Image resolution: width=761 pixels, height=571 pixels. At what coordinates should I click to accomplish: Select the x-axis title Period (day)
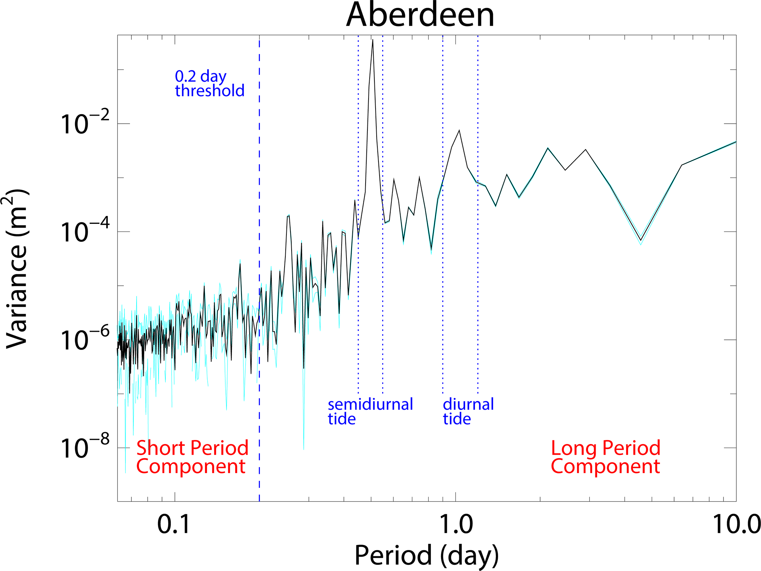coord(426,555)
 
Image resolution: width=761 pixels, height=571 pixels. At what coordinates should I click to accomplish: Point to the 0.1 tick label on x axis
coord(174,524)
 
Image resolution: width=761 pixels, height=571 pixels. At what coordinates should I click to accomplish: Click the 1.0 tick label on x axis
coord(456,524)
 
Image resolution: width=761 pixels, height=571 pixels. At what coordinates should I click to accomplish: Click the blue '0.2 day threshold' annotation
coord(209,84)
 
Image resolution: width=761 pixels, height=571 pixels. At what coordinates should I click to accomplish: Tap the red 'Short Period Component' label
coord(192,457)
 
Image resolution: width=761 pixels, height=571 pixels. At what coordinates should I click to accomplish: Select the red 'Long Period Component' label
coord(606,457)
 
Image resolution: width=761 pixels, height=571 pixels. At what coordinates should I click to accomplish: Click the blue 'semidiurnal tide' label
coord(370,411)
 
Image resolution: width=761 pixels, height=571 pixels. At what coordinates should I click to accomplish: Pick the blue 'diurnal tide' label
coord(468,411)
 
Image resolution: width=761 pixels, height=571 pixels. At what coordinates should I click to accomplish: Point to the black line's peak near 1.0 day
coord(459,130)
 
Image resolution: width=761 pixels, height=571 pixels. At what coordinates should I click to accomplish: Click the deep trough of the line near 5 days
coord(641,240)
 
